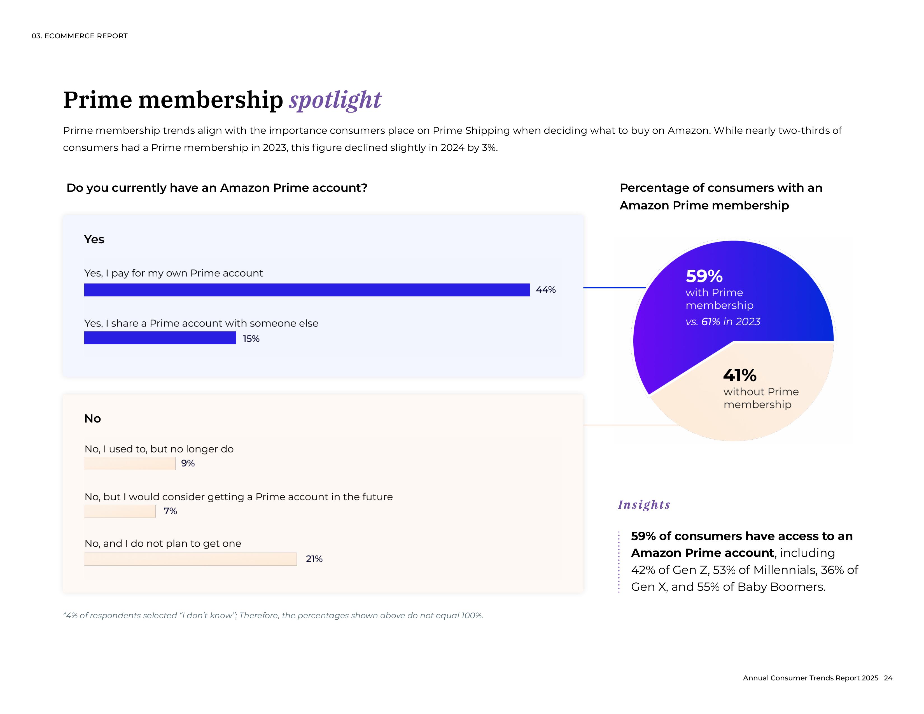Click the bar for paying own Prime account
[307, 290]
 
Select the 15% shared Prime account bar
[160, 338]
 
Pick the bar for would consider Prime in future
[120, 511]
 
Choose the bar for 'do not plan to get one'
[190, 559]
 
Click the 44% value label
[546, 290]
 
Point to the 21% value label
[314, 559]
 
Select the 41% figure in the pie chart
[739, 375]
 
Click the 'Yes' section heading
[94, 239]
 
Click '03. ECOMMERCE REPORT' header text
[80, 36]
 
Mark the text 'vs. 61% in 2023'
[723, 322]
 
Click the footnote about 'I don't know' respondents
[273, 615]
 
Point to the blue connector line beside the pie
[614, 288]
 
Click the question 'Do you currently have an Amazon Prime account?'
[217, 188]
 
